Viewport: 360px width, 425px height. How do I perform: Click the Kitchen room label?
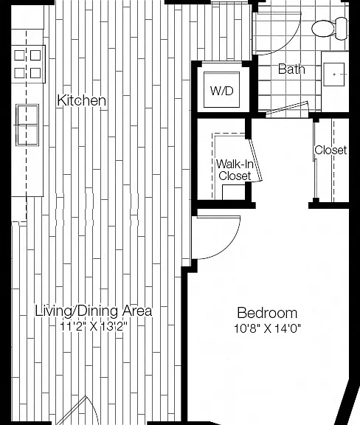point(81,100)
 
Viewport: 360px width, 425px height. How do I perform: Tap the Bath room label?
point(291,69)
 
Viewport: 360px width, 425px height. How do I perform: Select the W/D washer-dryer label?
point(221,91)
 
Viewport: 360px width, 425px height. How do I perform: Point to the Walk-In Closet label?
point(235,170)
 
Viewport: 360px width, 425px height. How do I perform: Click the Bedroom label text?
point(267,313)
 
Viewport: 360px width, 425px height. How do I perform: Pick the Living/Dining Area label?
point(94,311)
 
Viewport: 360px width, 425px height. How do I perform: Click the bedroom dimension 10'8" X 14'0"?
point(267,328)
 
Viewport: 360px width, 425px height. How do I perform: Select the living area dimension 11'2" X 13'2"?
point(94,326)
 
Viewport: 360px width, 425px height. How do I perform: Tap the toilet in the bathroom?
point(329,29)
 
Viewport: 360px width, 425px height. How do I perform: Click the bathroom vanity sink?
point(334,75)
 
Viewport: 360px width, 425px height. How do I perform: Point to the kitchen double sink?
point(27,125)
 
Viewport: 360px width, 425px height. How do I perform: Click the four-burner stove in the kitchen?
point(28,64)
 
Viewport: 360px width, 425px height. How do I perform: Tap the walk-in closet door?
point(256,160)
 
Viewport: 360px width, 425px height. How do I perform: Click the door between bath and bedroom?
point(288,109)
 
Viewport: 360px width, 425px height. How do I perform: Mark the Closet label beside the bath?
point(330,150)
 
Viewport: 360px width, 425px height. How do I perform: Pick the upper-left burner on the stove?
point(19,55)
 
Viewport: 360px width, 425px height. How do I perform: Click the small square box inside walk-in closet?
point(234,193)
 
